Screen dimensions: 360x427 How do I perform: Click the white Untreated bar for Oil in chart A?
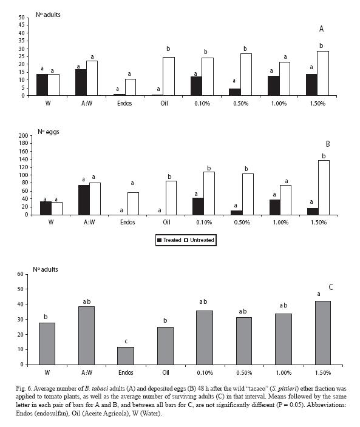(169, 76)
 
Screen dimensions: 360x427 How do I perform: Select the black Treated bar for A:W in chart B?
(84, 200)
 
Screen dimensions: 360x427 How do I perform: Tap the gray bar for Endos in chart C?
(126, 355)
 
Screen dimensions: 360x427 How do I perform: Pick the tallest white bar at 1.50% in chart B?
(324, 187)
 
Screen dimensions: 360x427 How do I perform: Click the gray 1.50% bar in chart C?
(323, 333)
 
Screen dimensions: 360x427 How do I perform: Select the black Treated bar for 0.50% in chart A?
(235, 92)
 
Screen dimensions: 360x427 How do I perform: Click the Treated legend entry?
(169, 240)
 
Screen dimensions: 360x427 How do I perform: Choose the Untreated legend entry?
(199, 240)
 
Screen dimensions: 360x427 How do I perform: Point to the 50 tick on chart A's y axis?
(21, 18)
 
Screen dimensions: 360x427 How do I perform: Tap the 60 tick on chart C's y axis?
(21, 274)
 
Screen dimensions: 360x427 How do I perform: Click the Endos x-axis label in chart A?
(124, 104)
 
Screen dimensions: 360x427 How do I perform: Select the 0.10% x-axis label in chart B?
(204, 222)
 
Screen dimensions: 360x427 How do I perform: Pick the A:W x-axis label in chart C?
(87, 372)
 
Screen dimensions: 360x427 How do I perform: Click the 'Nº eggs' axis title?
(48, 132)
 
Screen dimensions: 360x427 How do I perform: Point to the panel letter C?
(331, 287)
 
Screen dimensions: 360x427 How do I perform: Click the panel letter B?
(328, 144)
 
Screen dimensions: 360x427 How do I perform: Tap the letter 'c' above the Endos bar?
(126, 341)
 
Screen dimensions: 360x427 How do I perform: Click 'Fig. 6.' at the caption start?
(24, 388)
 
